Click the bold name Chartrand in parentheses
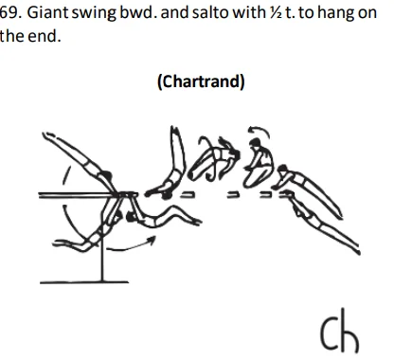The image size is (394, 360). point(200,81)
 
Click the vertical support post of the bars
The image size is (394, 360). point(103,250)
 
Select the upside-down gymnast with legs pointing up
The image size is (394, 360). point(174,167)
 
